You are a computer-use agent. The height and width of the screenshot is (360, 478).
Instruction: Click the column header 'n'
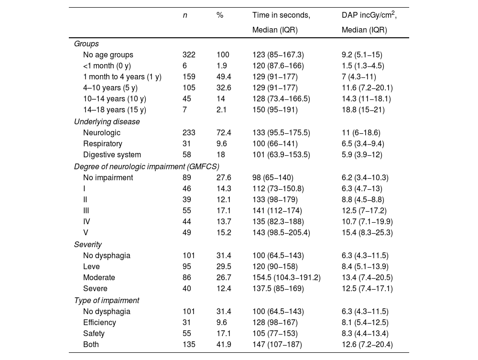tap(185, 15)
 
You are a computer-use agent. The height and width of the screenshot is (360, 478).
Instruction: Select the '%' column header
tap(219, 15)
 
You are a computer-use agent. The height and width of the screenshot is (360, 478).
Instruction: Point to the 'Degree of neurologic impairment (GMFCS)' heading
tap(146, 166)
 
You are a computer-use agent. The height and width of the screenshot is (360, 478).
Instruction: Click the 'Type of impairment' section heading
tap(107, 300)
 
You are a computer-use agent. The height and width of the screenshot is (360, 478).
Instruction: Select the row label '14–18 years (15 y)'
tap(114, 110)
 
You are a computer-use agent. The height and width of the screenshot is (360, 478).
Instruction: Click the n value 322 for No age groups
tap(189, 55)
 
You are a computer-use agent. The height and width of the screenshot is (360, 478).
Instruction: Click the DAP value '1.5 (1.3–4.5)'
tap(363, 65)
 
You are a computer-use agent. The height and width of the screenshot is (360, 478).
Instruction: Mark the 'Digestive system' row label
tap(112, 155)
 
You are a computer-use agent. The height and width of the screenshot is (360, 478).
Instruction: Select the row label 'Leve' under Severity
tap(91, 266)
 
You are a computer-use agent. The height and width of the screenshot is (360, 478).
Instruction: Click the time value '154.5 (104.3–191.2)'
tap(286, 278)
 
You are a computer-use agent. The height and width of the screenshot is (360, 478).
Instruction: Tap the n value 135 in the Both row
tap(189, 345)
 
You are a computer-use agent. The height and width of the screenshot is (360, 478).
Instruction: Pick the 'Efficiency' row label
tap(99, 322)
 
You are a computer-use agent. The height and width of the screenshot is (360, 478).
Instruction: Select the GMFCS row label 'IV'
tap(87, 222)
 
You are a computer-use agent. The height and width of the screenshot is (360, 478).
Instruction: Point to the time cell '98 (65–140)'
tap(273, 177)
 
